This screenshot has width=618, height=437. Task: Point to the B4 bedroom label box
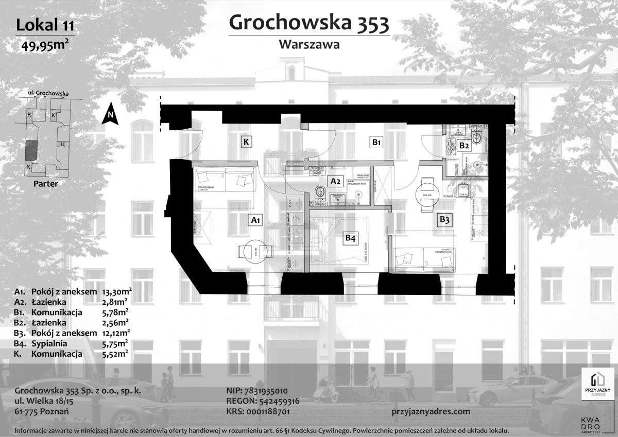tap(350, 238)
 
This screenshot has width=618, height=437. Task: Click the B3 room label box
tap(444, 220)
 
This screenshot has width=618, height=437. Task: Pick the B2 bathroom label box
tap(464, 146)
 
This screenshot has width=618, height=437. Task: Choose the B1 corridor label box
tap(376, 142)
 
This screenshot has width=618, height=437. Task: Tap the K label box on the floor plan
tap(247, 142)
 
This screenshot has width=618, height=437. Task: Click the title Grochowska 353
tap(308, 23)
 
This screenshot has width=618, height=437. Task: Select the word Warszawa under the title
tap(308, 44)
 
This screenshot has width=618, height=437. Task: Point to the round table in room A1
tap(255, 252)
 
